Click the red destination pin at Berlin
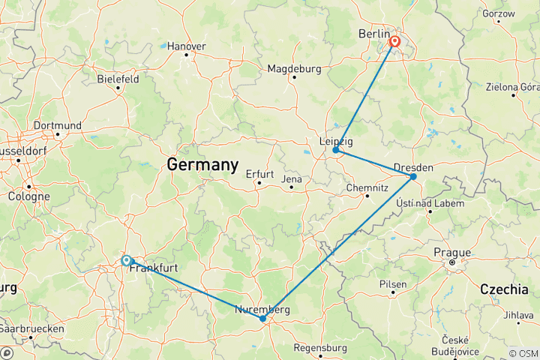[x=394, y=42]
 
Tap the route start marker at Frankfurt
[x=126, y=260]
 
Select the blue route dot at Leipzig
[x=335, y=150]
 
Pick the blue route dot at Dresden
[x=413, y=176]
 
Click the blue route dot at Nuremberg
[x=262, y=319]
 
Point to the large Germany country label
[x=202, y=164]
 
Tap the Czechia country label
[x=505, y=289]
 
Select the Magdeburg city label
[x=295, y=69]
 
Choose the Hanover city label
[x=186, y=46]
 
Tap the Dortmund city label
[x=58, y=124]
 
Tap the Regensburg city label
[x=320, y=348]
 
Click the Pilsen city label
[x=393, y=284]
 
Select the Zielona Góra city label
[x=512, y=87]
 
